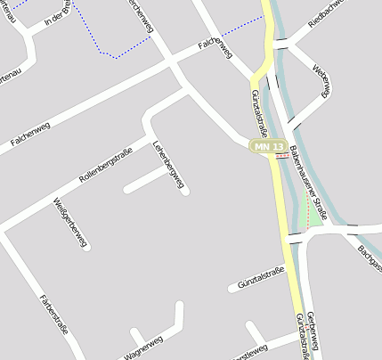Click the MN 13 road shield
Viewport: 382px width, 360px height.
[268, 146]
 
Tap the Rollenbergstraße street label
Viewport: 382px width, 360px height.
[105, 165]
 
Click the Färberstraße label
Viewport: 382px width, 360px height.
[55, 314]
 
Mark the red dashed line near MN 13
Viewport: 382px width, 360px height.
[282, 154]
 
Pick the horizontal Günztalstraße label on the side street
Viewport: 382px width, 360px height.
[261, 278]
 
